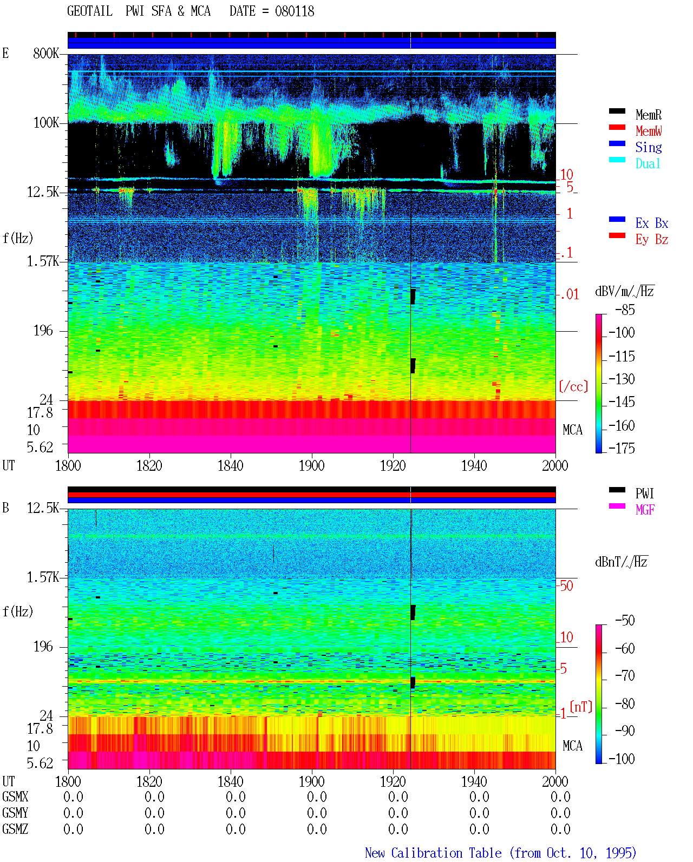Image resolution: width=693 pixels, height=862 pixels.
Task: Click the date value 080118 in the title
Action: click(294, 11)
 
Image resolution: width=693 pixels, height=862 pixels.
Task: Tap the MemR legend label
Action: click(648, 115)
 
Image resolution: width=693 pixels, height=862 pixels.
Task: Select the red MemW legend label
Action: click(649, 131)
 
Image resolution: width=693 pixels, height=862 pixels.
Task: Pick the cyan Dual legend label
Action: click(648, 163)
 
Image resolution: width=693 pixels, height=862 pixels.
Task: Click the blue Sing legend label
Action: click(648, 147)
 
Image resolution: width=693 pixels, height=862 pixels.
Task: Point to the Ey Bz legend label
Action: click(652, 239)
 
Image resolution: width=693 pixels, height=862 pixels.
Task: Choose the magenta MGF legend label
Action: click(645, 510)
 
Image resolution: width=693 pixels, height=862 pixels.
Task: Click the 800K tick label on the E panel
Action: click(46, 53)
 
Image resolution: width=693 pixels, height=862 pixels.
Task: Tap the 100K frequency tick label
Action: click(46, 123)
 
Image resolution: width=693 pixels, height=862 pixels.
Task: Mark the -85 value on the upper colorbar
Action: click(625, 310)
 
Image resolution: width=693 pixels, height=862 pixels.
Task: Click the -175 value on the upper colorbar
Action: click(622, 448)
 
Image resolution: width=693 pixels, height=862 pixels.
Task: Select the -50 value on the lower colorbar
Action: click(625, 620)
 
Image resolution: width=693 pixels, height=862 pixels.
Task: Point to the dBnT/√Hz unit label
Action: click(621, 562)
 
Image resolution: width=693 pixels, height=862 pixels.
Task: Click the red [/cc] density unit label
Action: click(573, 386)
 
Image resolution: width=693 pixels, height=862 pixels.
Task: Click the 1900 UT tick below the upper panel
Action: click(311, 465)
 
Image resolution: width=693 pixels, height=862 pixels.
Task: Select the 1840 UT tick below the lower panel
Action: click(231, 781)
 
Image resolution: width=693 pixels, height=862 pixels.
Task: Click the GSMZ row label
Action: click(15, 829)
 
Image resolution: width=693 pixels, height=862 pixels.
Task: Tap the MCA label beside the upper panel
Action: click(572, 430)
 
